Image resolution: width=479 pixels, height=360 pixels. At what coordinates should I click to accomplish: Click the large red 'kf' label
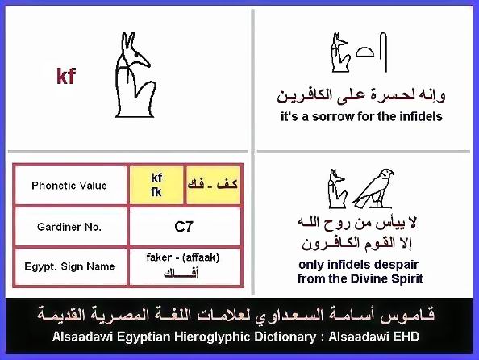[x=66, y=76]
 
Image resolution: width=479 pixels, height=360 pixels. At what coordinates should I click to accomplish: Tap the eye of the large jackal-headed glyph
[x=135, y=56]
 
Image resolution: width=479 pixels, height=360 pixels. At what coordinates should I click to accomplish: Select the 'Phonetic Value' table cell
[x=69, y=186]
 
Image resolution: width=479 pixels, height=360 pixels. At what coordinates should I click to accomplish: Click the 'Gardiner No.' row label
[x=69, y=227]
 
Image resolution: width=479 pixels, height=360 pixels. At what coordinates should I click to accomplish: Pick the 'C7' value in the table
[x=184, y=227]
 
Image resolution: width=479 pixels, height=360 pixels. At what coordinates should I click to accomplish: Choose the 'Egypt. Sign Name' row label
[x=69, y=266]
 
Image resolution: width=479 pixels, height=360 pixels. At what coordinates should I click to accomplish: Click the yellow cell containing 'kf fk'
[x=156, y=185]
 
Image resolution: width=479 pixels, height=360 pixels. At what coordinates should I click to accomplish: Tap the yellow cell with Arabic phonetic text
[x=213, y=185]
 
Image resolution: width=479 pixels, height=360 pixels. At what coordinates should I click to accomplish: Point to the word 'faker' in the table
[x=159, y=257]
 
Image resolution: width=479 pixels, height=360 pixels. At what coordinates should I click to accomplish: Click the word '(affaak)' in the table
[x=201, y=257]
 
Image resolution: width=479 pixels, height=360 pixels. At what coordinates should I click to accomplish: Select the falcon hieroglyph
[x=373, y=188]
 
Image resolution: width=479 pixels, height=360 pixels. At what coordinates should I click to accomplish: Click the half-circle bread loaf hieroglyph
[x=364, y=52]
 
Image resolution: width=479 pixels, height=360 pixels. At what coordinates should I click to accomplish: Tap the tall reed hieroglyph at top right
[x=383, y=52]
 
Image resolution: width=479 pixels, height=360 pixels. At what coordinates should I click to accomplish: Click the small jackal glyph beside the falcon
[x=338, y=188]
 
